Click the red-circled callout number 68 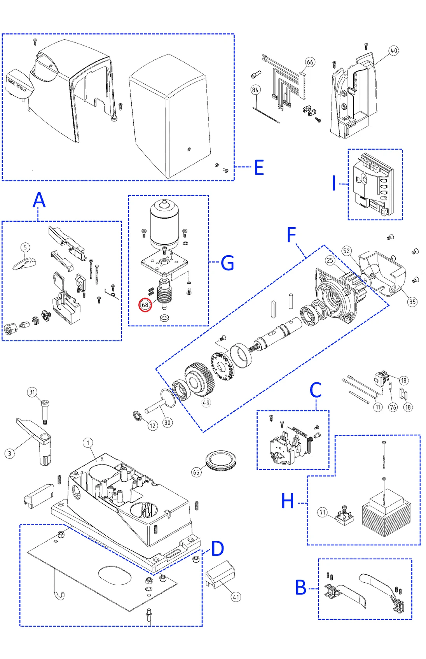click(145, 305)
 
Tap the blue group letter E click(259, 168)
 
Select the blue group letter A click(39, 200)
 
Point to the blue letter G click(227, 263)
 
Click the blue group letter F click(292, 235)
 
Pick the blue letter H click(288, 501)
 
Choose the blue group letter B click(301, 587)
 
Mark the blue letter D click(217, 549)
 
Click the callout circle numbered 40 click(394, 51)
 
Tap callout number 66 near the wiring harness click(310, 62)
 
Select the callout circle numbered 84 click(255, 90)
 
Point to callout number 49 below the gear click(206, 403)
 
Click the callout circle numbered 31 click(32, 392)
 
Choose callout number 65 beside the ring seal click(196, 472)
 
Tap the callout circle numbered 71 click(323, 512)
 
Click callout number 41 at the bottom click(236, 597)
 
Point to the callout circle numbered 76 click(393, 407)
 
